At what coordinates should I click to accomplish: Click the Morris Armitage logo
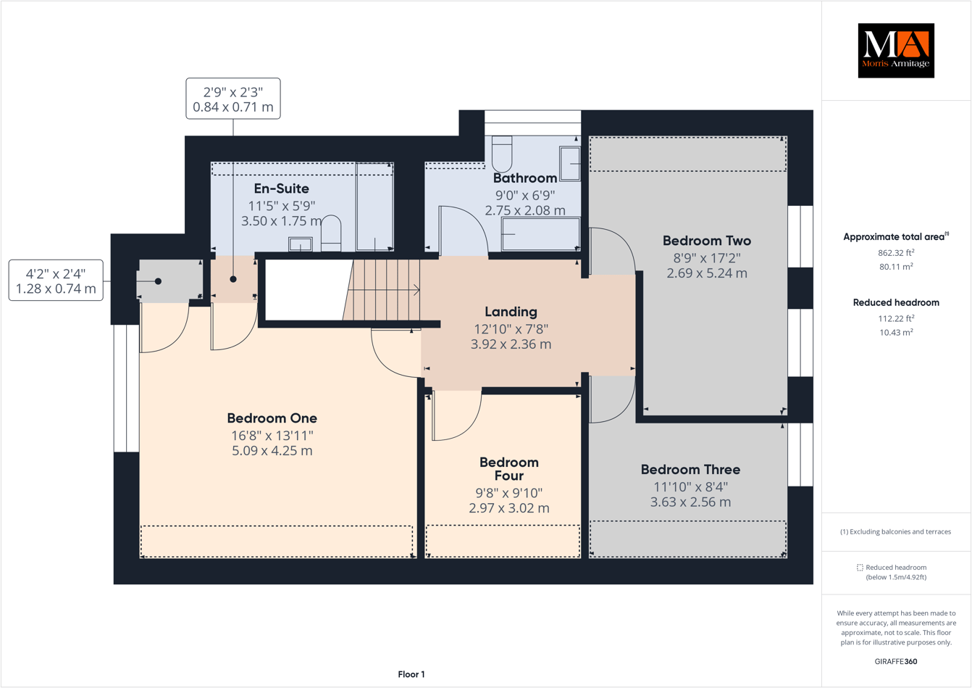point(895,51)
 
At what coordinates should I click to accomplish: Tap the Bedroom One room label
point(272,418)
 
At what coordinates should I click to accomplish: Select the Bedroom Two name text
point(706,241)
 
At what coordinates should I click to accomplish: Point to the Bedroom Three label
point(690,470)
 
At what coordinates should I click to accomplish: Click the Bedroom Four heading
point(508,469)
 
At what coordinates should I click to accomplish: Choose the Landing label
point(511,312)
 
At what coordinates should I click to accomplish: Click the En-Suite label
point(281,188)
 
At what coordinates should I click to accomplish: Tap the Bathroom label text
point(524,178)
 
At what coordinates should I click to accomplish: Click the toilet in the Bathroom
point(502,154)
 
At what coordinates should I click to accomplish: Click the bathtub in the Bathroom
point(540,234)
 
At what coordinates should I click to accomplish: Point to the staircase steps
point(384,291)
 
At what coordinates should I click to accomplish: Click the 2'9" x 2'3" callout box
point(233,99)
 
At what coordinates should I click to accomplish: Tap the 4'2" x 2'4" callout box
point(56,281)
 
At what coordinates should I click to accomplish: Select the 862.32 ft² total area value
point(895,253)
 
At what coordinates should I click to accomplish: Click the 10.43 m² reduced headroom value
point(895,332)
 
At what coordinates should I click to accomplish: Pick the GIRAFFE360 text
point(895,661)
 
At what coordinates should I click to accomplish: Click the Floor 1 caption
point(411,674)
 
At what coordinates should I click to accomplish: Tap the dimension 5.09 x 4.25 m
point(272,451)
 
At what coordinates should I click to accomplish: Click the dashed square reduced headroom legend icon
point(860,568)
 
